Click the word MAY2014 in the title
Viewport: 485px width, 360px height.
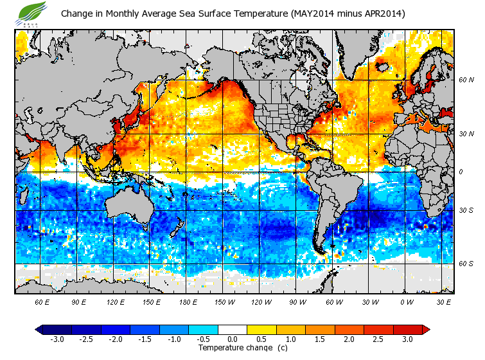tap(312, 14)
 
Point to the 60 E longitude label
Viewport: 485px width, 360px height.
tap(42, 301)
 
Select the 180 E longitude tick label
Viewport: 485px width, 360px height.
tap(188, 301)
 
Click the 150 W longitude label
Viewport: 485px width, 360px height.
tap(224, 301)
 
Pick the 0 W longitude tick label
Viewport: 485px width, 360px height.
tap(407, 301)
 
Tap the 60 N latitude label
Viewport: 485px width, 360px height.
tap(466, 80)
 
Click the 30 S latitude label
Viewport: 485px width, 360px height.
tap(466, 210)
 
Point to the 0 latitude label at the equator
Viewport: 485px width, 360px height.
tap(462, 172)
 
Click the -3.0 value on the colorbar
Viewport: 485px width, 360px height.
tap(57, 339)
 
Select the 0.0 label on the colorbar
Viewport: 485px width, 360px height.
tap(233, 339)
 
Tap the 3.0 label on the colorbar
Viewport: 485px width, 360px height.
tap(407, 339)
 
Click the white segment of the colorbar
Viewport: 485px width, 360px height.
tap(233, 329)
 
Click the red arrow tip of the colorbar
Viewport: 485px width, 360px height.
tap(425, 329)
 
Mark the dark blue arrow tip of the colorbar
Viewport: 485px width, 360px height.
tap(39, 329)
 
